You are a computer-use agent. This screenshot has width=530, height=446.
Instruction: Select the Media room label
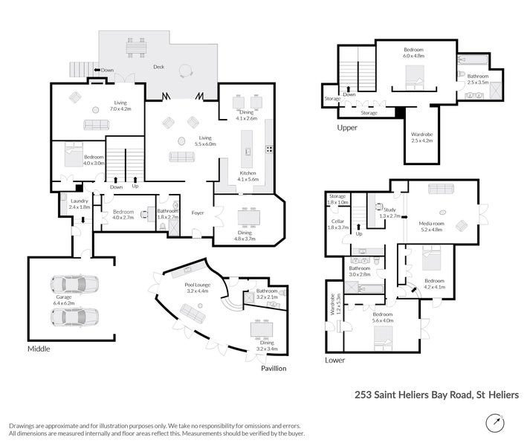point(432,226)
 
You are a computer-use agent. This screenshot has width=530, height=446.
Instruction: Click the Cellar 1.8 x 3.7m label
point(338,224)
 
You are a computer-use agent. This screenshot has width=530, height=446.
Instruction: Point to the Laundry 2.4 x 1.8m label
point(80,204)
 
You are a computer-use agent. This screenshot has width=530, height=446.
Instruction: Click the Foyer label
point(198,213)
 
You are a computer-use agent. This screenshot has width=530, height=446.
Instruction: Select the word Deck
point(158,67)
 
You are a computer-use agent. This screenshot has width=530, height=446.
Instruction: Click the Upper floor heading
point(347,128)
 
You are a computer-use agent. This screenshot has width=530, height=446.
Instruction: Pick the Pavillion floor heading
point(273,369)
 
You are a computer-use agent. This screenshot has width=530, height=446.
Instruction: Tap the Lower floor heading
point(335,360)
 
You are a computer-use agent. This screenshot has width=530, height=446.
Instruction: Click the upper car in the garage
point(74,285)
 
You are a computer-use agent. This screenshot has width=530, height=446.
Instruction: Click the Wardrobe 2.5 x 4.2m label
point(421,137)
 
